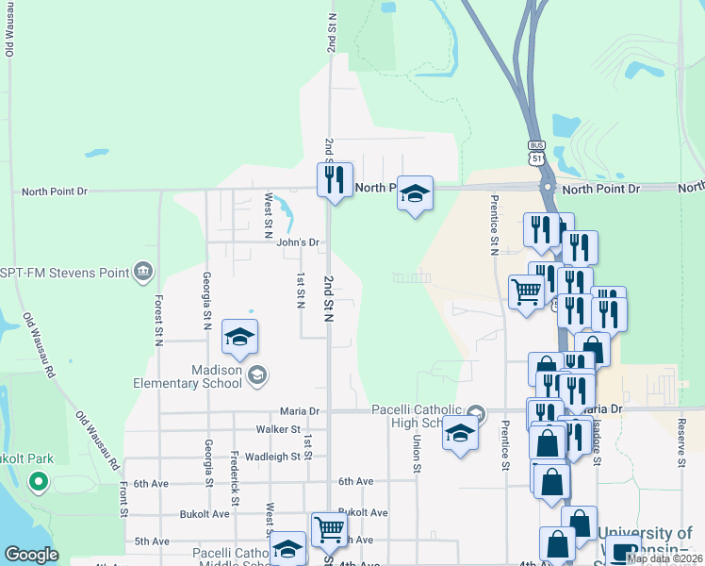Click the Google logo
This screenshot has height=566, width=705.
tap(32, 556)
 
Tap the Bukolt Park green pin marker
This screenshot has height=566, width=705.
tap(39, 483)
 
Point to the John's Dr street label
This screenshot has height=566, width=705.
tap(299, 242)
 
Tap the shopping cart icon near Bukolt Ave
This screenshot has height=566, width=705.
tap(329, 529)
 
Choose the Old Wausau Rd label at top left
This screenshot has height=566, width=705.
tap(9, 28)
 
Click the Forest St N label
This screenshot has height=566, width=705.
tap(158, 320)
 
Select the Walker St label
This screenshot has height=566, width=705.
tap(277, 429)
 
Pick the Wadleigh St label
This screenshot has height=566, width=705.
tap(271, 456)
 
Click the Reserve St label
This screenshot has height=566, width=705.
tap(680, 451)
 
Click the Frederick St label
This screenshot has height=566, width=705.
tap(234, 475)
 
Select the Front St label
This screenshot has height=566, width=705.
tap(123, 500)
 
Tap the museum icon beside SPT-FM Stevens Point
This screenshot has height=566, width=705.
tap(143, 273)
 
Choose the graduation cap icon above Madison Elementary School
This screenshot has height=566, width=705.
tap(240, 337)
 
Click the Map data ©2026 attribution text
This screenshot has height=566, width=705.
tap(664, 558)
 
